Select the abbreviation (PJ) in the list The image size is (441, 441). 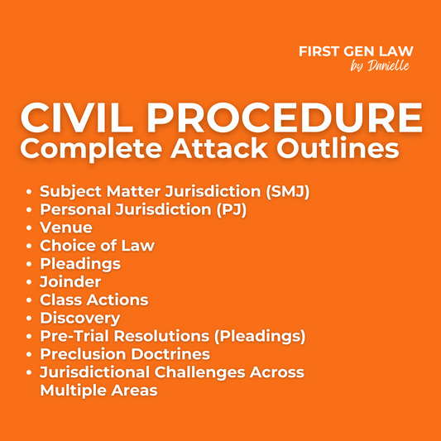point(228,209)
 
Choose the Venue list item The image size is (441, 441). point(66,228)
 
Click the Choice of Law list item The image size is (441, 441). point(97,246)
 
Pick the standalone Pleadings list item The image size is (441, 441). point(80,264)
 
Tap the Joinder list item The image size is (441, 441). point(70,282)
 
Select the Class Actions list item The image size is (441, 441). point(94,300)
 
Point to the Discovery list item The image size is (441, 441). point(80,319)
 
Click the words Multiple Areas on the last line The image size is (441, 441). point(98,390)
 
